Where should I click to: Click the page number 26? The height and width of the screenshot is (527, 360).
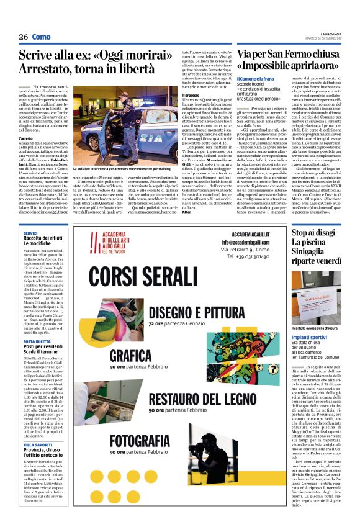coord(24,37)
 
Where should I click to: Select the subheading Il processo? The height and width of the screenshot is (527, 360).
coord(190,95)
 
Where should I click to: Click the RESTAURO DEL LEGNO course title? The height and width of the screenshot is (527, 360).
coord(202,397)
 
